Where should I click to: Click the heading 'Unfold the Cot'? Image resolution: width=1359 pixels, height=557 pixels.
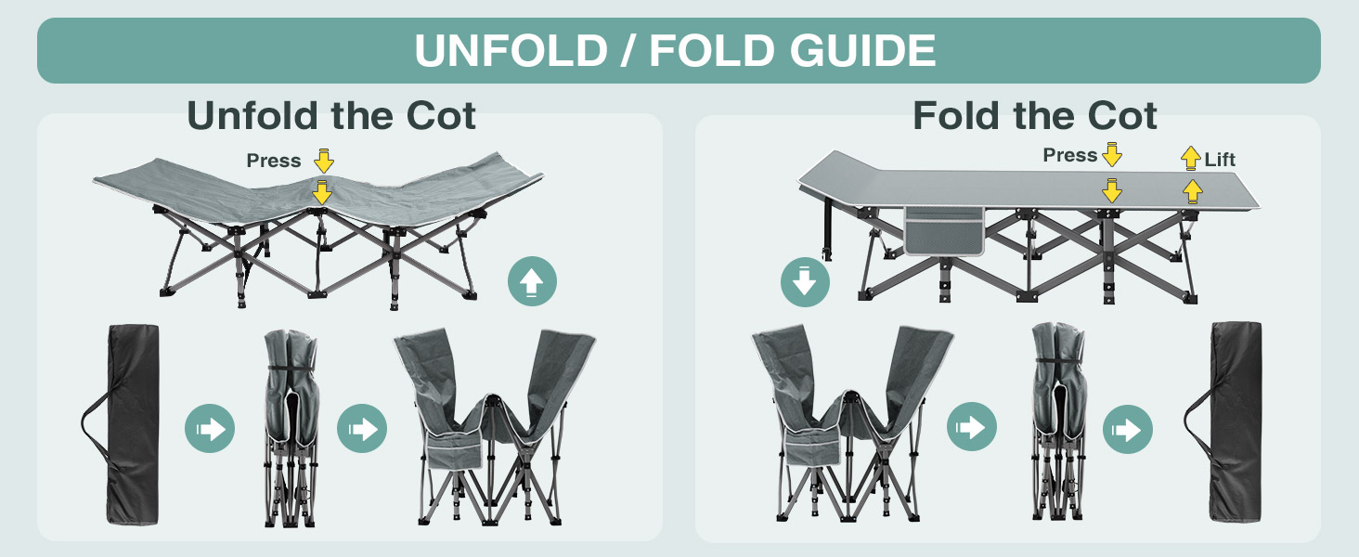[331, 116]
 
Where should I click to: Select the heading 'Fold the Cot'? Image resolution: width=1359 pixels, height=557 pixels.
[1034, 116]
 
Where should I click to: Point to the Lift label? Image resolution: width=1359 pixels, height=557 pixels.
[1220, 160]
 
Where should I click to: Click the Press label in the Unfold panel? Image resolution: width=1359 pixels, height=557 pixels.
[274, 161]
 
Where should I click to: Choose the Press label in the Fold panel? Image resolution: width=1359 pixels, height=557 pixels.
[1070, 155]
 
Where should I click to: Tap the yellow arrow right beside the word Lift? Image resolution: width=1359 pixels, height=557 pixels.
[1191, 159]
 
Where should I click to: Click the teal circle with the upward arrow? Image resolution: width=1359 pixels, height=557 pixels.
[533, 281]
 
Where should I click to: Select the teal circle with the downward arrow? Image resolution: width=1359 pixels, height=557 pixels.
[805, 283]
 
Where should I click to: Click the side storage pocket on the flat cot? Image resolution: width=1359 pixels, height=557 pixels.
[945, 230]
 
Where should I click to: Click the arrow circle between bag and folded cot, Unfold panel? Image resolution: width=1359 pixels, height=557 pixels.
[210, 429]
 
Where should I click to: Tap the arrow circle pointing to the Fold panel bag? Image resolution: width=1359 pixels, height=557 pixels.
[1127, 430]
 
